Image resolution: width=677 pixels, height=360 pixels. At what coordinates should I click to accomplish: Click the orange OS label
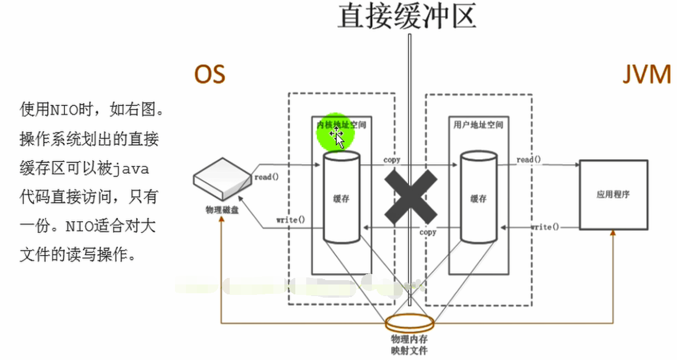[x=210, y=74]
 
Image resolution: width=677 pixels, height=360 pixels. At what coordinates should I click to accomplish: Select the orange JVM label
[x=646, y=74]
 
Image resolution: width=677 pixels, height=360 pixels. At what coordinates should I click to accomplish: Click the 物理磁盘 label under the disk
[x=221, y=210]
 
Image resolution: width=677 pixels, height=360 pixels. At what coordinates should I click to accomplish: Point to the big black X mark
[x=411, y=195]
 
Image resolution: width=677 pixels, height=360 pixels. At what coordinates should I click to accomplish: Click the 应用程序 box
[x=613, y=194]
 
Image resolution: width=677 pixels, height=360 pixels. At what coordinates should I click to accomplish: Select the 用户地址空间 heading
[x=478, y=125]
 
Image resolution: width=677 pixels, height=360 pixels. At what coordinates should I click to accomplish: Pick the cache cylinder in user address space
[x=478, y=198]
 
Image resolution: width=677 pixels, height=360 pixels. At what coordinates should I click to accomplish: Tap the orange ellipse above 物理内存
[x=410, y=323]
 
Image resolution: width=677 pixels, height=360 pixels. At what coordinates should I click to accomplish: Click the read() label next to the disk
[x=266, y=177]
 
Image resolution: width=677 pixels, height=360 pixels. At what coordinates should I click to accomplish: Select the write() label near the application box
[x=545, y=227]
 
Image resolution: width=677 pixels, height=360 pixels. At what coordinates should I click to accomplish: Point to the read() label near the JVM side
[x=529, y=160]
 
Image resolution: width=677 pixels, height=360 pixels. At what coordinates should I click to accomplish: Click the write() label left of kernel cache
[x=290, y=220]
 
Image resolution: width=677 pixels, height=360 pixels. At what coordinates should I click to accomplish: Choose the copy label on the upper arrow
[x=392, y=160]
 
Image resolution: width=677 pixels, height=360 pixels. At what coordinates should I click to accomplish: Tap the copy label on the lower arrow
[x=428, y=232]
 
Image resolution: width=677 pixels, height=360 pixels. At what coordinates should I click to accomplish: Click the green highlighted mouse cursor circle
[x=336, y=134]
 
